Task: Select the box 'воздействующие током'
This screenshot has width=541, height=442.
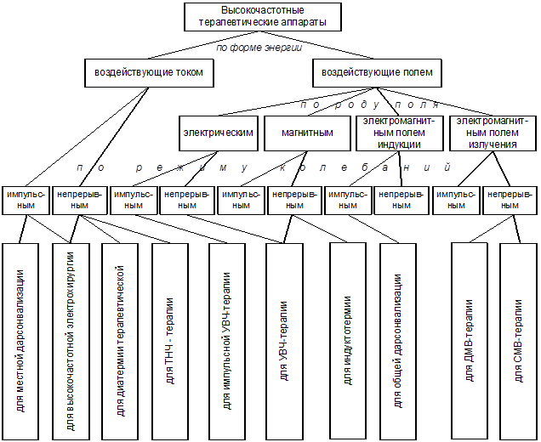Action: (148, 73)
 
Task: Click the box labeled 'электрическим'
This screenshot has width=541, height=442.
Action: (219, 133)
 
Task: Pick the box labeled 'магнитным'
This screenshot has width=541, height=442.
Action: (305, 133)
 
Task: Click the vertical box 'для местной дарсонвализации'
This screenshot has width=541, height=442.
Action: (20, 340)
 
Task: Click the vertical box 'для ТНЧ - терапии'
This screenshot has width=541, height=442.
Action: (170, 340)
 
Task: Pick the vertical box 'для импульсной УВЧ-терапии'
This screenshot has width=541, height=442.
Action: (226, 340)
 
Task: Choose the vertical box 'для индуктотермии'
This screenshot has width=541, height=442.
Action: (347, 340)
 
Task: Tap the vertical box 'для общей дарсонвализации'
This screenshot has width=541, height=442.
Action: (397, 340)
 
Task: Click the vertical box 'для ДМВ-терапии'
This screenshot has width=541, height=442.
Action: (469, 340)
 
